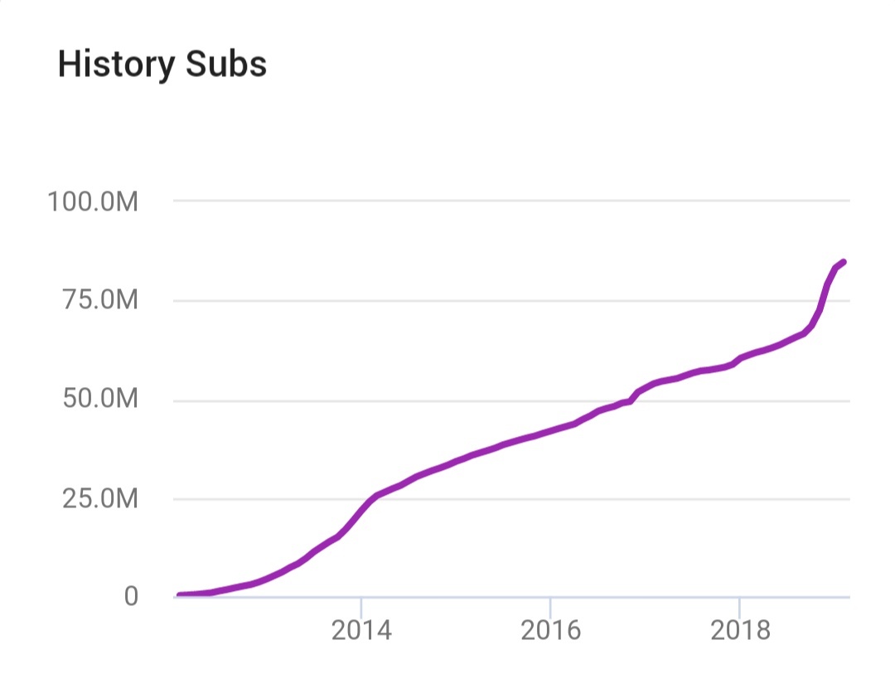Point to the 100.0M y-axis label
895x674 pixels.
92,201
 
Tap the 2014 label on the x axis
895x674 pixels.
361,630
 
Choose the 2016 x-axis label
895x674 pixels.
550,630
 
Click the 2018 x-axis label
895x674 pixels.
739,630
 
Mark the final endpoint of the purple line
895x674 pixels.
843,262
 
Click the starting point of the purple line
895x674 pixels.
179,595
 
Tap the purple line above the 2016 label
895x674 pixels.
550,431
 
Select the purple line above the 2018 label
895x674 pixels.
739,358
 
